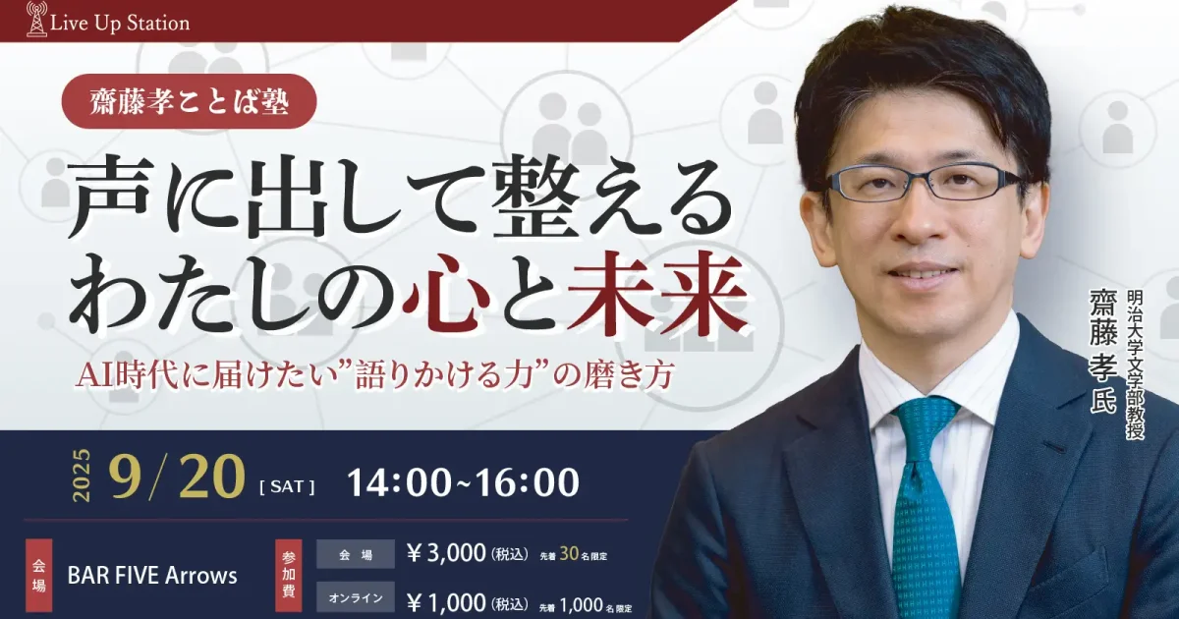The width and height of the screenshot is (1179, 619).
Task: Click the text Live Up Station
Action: click(120, 24)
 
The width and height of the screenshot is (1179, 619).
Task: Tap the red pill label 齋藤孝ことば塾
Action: click(190, 101)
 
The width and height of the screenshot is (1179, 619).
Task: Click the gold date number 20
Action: click(212, 478)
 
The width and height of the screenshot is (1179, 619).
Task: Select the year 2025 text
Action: click(84, 476)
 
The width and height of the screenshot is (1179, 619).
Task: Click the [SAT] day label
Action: click(287, 486)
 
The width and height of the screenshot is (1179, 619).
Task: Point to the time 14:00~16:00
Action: click(463, 481)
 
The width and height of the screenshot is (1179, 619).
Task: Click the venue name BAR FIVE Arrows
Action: click(152, 576)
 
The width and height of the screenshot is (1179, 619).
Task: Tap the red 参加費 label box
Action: click(289, 576)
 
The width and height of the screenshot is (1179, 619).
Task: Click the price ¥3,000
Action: click(446, 553)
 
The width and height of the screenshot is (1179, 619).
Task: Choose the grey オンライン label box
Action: click(356, 598)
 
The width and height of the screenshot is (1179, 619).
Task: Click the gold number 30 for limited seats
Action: click(569, 554)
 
